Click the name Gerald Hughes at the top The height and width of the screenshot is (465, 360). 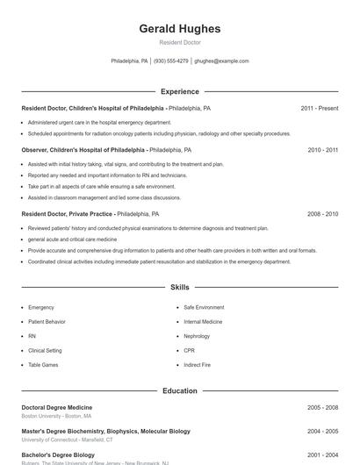pyautogui.click(x=179, y=29)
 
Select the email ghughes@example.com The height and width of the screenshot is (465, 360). pyautogui.click(x=221, y=61)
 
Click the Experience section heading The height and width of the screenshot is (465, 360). pyautogui.click(x=179, y=91)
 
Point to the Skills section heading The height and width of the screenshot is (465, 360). pyautogui.click(x=179, y=287)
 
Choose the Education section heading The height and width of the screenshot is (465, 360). pyautogui.click(x=179, y=390)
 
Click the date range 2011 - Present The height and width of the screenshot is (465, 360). pyautogui.click(x=319, y=108)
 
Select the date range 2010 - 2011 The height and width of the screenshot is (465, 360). pyautogui.click(x=322, y=150)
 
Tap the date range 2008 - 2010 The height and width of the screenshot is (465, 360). pyautogui.click(x=322, y=213)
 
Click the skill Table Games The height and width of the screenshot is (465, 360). pyautogui.click(x=43, y=364)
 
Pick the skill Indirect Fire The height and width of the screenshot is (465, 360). pyautogui.click(x=198, y=364)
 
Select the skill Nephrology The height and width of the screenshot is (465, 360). pyautogui.click(x=197, y=336)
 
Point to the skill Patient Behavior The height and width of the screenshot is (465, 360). pyautogui.click(x=47, y=322)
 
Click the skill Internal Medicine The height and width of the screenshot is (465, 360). pyautogui.click(x=203, y=322)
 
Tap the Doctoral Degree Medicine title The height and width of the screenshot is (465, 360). pyautogui.click(x=56, y=407)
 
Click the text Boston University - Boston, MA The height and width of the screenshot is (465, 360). pyautogui.click(x=56, y=416)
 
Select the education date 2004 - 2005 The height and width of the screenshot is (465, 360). pyautogui.click(x=322, y=432)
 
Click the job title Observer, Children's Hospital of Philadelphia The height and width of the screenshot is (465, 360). pyautogui.click(x=83, y=150)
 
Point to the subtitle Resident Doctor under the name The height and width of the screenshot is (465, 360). pyautogui.click(x=179, y=42)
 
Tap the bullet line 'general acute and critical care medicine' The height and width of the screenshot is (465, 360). pyautogui.click(x=72, y=239)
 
